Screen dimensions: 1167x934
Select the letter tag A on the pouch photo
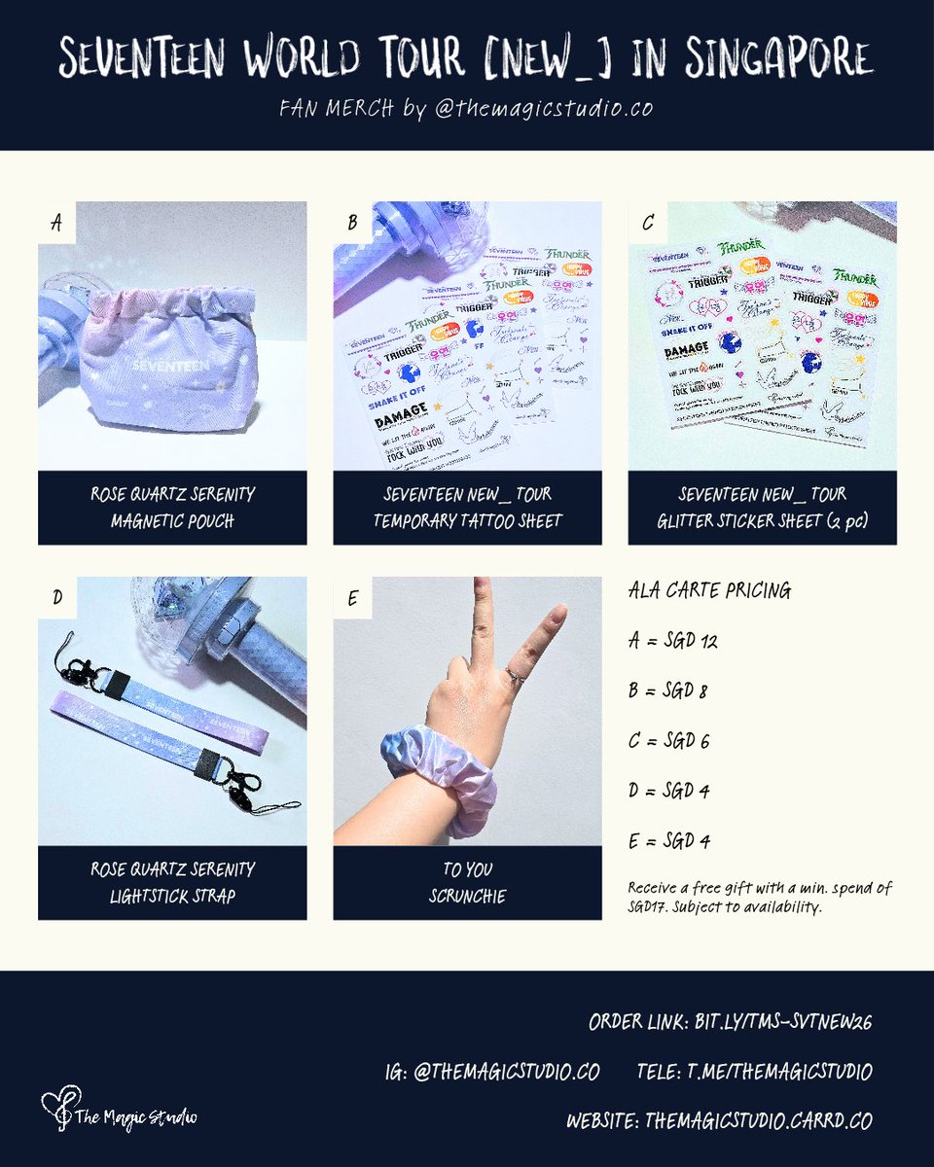(56, 223)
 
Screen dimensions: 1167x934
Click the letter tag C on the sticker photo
(648, 223)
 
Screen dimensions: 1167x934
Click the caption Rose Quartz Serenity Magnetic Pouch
(172, 507)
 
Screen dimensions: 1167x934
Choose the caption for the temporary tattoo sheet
(467, 507)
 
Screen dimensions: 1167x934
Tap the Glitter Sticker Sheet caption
(762, 507)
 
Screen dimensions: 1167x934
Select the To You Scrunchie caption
(467, 882)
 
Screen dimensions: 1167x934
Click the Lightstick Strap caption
(172, 882)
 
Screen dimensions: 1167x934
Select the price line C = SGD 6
(669, 741)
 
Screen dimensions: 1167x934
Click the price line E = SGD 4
(669, 840)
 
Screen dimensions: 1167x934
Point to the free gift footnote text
(759, 896)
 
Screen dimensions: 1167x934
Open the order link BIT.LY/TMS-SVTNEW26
(730, 1022)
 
